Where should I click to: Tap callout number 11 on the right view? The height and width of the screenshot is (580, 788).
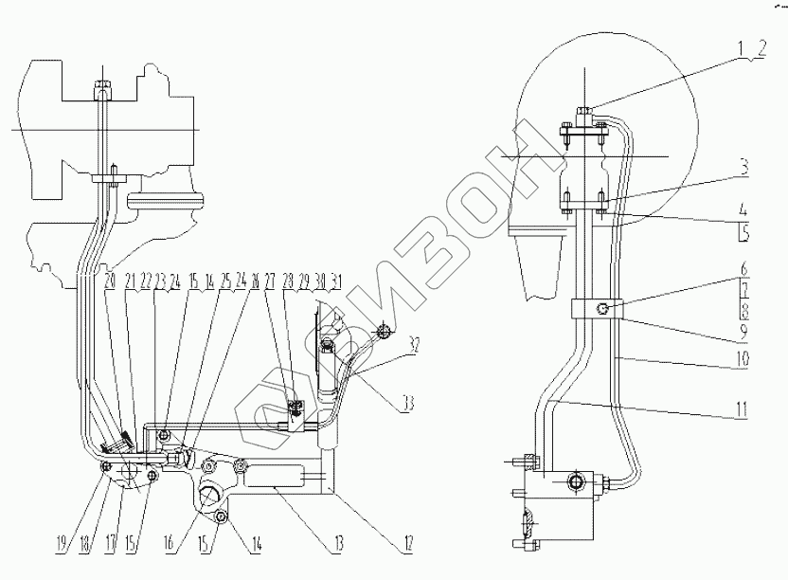tap(745, 409)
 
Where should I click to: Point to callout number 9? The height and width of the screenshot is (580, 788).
tap(745, 333)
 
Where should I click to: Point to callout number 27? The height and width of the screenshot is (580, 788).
tap(270, 282)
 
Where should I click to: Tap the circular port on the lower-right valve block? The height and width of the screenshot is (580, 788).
tap(575, 482)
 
